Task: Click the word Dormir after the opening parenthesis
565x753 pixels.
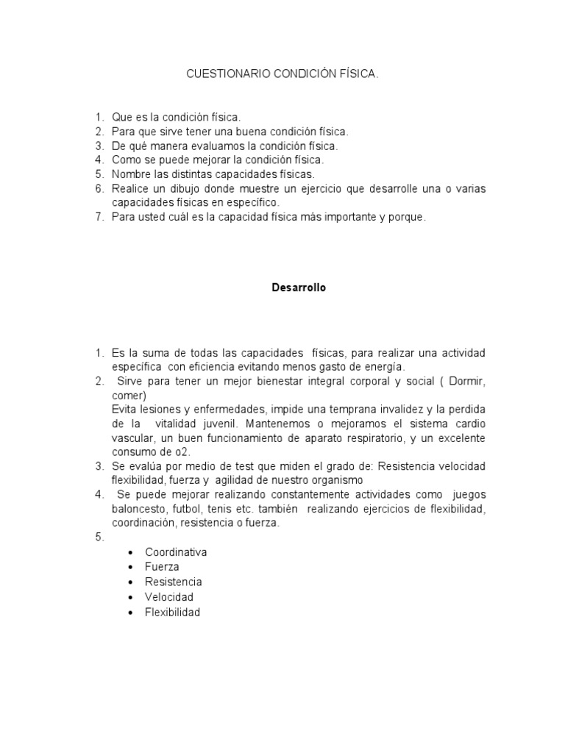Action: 466,382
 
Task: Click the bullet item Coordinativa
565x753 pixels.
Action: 176,552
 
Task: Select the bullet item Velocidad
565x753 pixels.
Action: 169,596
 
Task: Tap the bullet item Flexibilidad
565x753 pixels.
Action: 172,611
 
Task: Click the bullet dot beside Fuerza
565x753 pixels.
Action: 130,568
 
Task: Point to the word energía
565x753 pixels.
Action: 385,366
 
